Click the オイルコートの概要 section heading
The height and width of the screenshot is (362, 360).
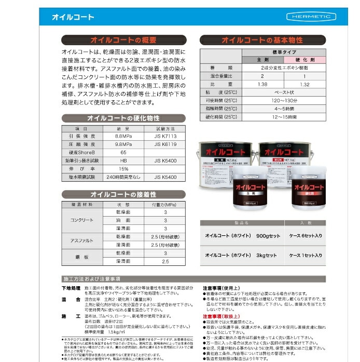point(123,40)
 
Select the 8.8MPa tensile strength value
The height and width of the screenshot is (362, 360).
point(123,136)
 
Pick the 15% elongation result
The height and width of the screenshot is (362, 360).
point(123,169)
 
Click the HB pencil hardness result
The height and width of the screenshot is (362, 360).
point(123,160)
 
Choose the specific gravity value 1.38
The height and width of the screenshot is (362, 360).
point(261,84)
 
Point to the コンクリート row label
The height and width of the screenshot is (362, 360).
point(81,220)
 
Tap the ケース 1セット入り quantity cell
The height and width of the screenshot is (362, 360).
point(306,255)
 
